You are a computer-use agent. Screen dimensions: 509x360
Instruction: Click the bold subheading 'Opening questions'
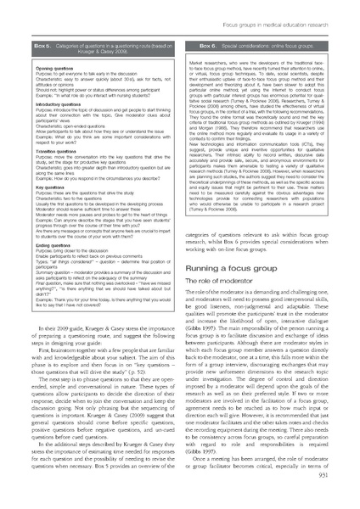point(47,64)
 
